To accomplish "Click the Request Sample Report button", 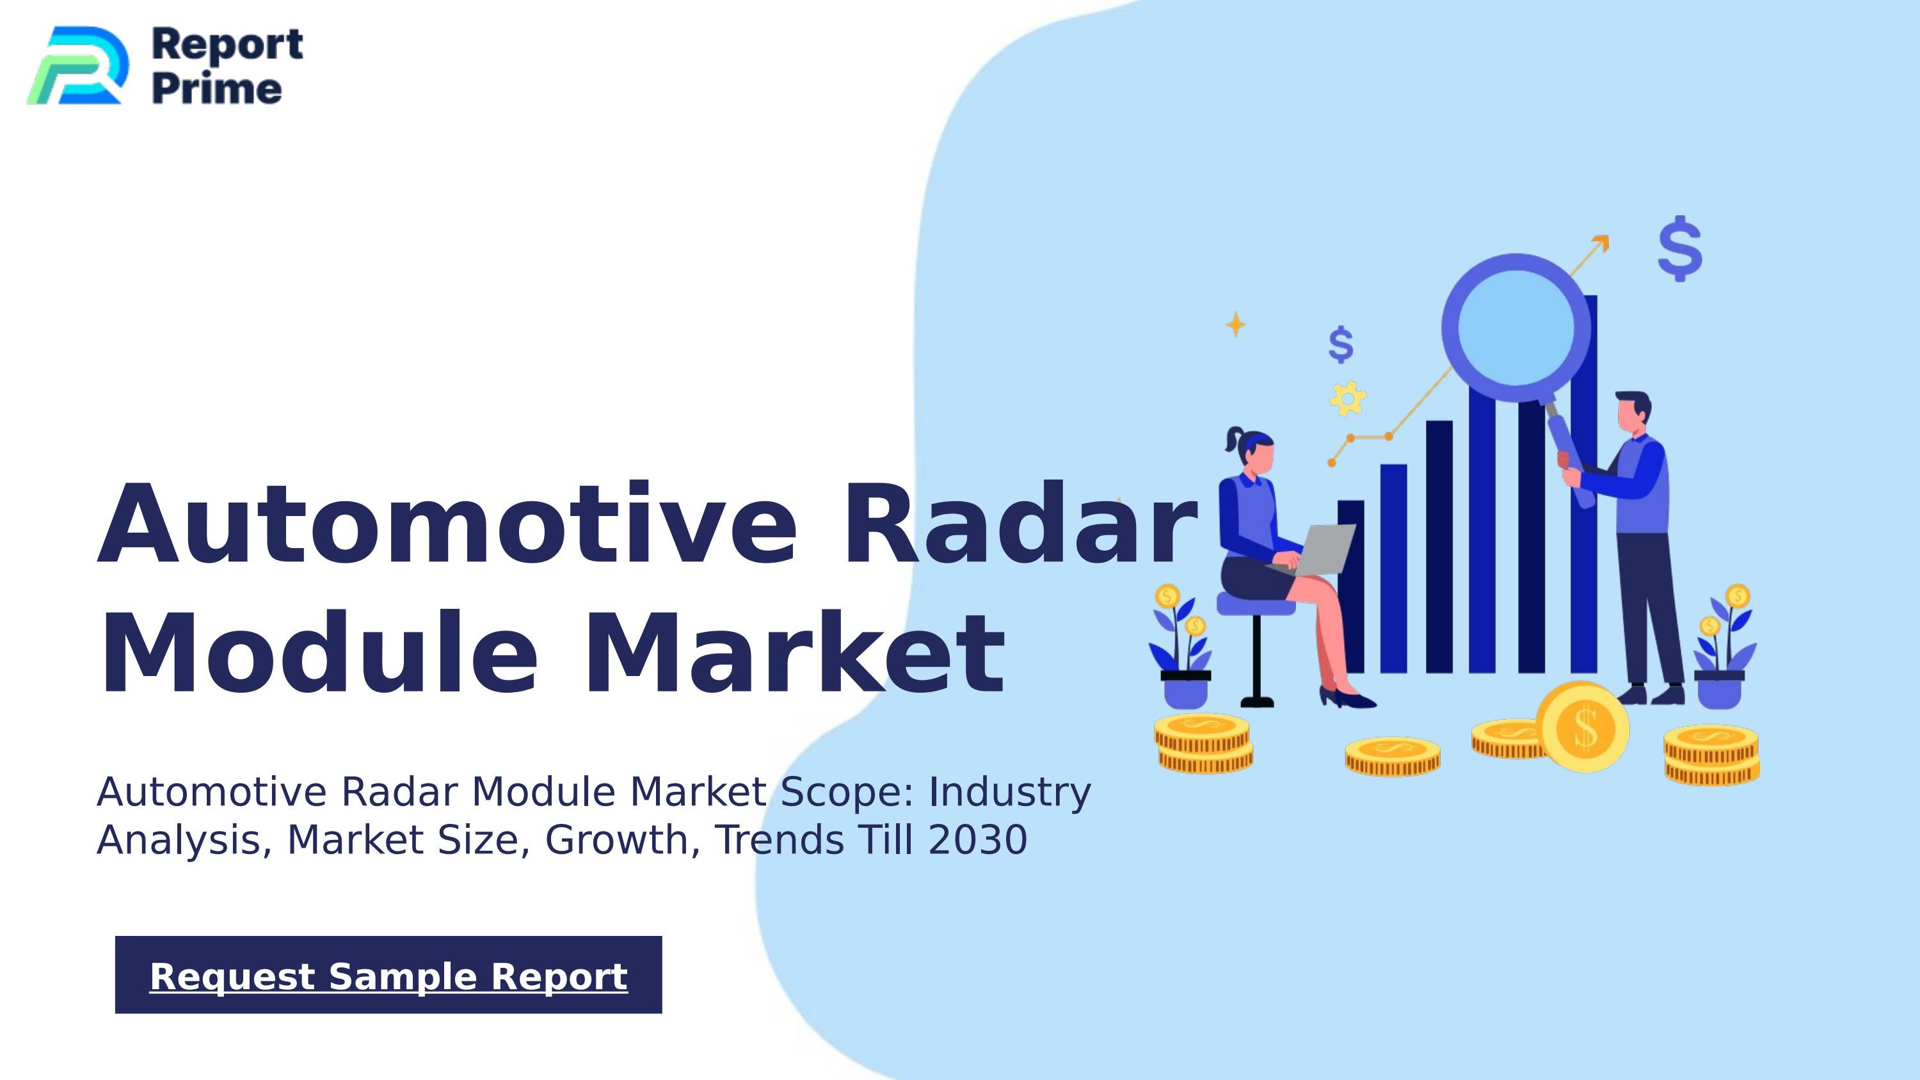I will point(388,975).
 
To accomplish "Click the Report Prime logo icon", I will point(77,65).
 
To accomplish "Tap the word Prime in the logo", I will point(217,89).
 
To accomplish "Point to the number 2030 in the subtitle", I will point(978,840).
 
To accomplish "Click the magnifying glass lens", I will point(1516,328).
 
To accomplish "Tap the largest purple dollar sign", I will point(1680,249).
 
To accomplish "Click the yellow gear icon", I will point(1348,399).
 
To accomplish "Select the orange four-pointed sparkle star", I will point(1236,324).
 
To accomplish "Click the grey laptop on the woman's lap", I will point(1323,549).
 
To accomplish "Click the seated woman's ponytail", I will point(1233,439).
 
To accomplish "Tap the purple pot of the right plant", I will point(1720,691).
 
